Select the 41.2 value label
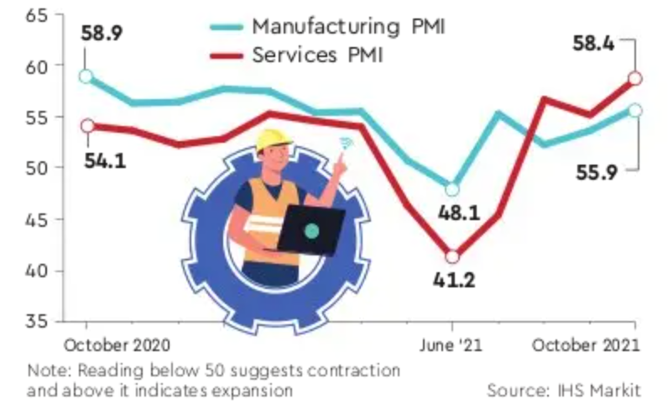click(x=455, y=281)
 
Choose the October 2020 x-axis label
click(x=117, y=345)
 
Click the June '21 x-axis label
click(x=453, y=345)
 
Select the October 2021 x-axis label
click(x=587, y=345)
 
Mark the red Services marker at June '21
click(x=452, y=256)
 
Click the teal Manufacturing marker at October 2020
click(x=85, y=76)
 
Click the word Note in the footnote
click(x=46, y=370)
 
